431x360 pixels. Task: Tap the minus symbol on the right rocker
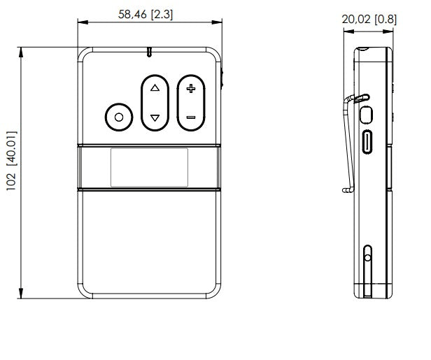point(190,117)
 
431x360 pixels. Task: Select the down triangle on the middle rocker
point(155,117)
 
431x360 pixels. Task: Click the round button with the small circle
point(118,117)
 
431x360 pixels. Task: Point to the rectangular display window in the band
point(148,168)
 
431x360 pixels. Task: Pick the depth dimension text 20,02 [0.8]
point(369,19)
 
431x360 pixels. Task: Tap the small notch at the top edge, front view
point(149,52)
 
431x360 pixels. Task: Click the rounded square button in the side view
point(367,114)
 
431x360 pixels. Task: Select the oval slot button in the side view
point(367,142)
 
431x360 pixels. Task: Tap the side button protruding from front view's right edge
point(223,77)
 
